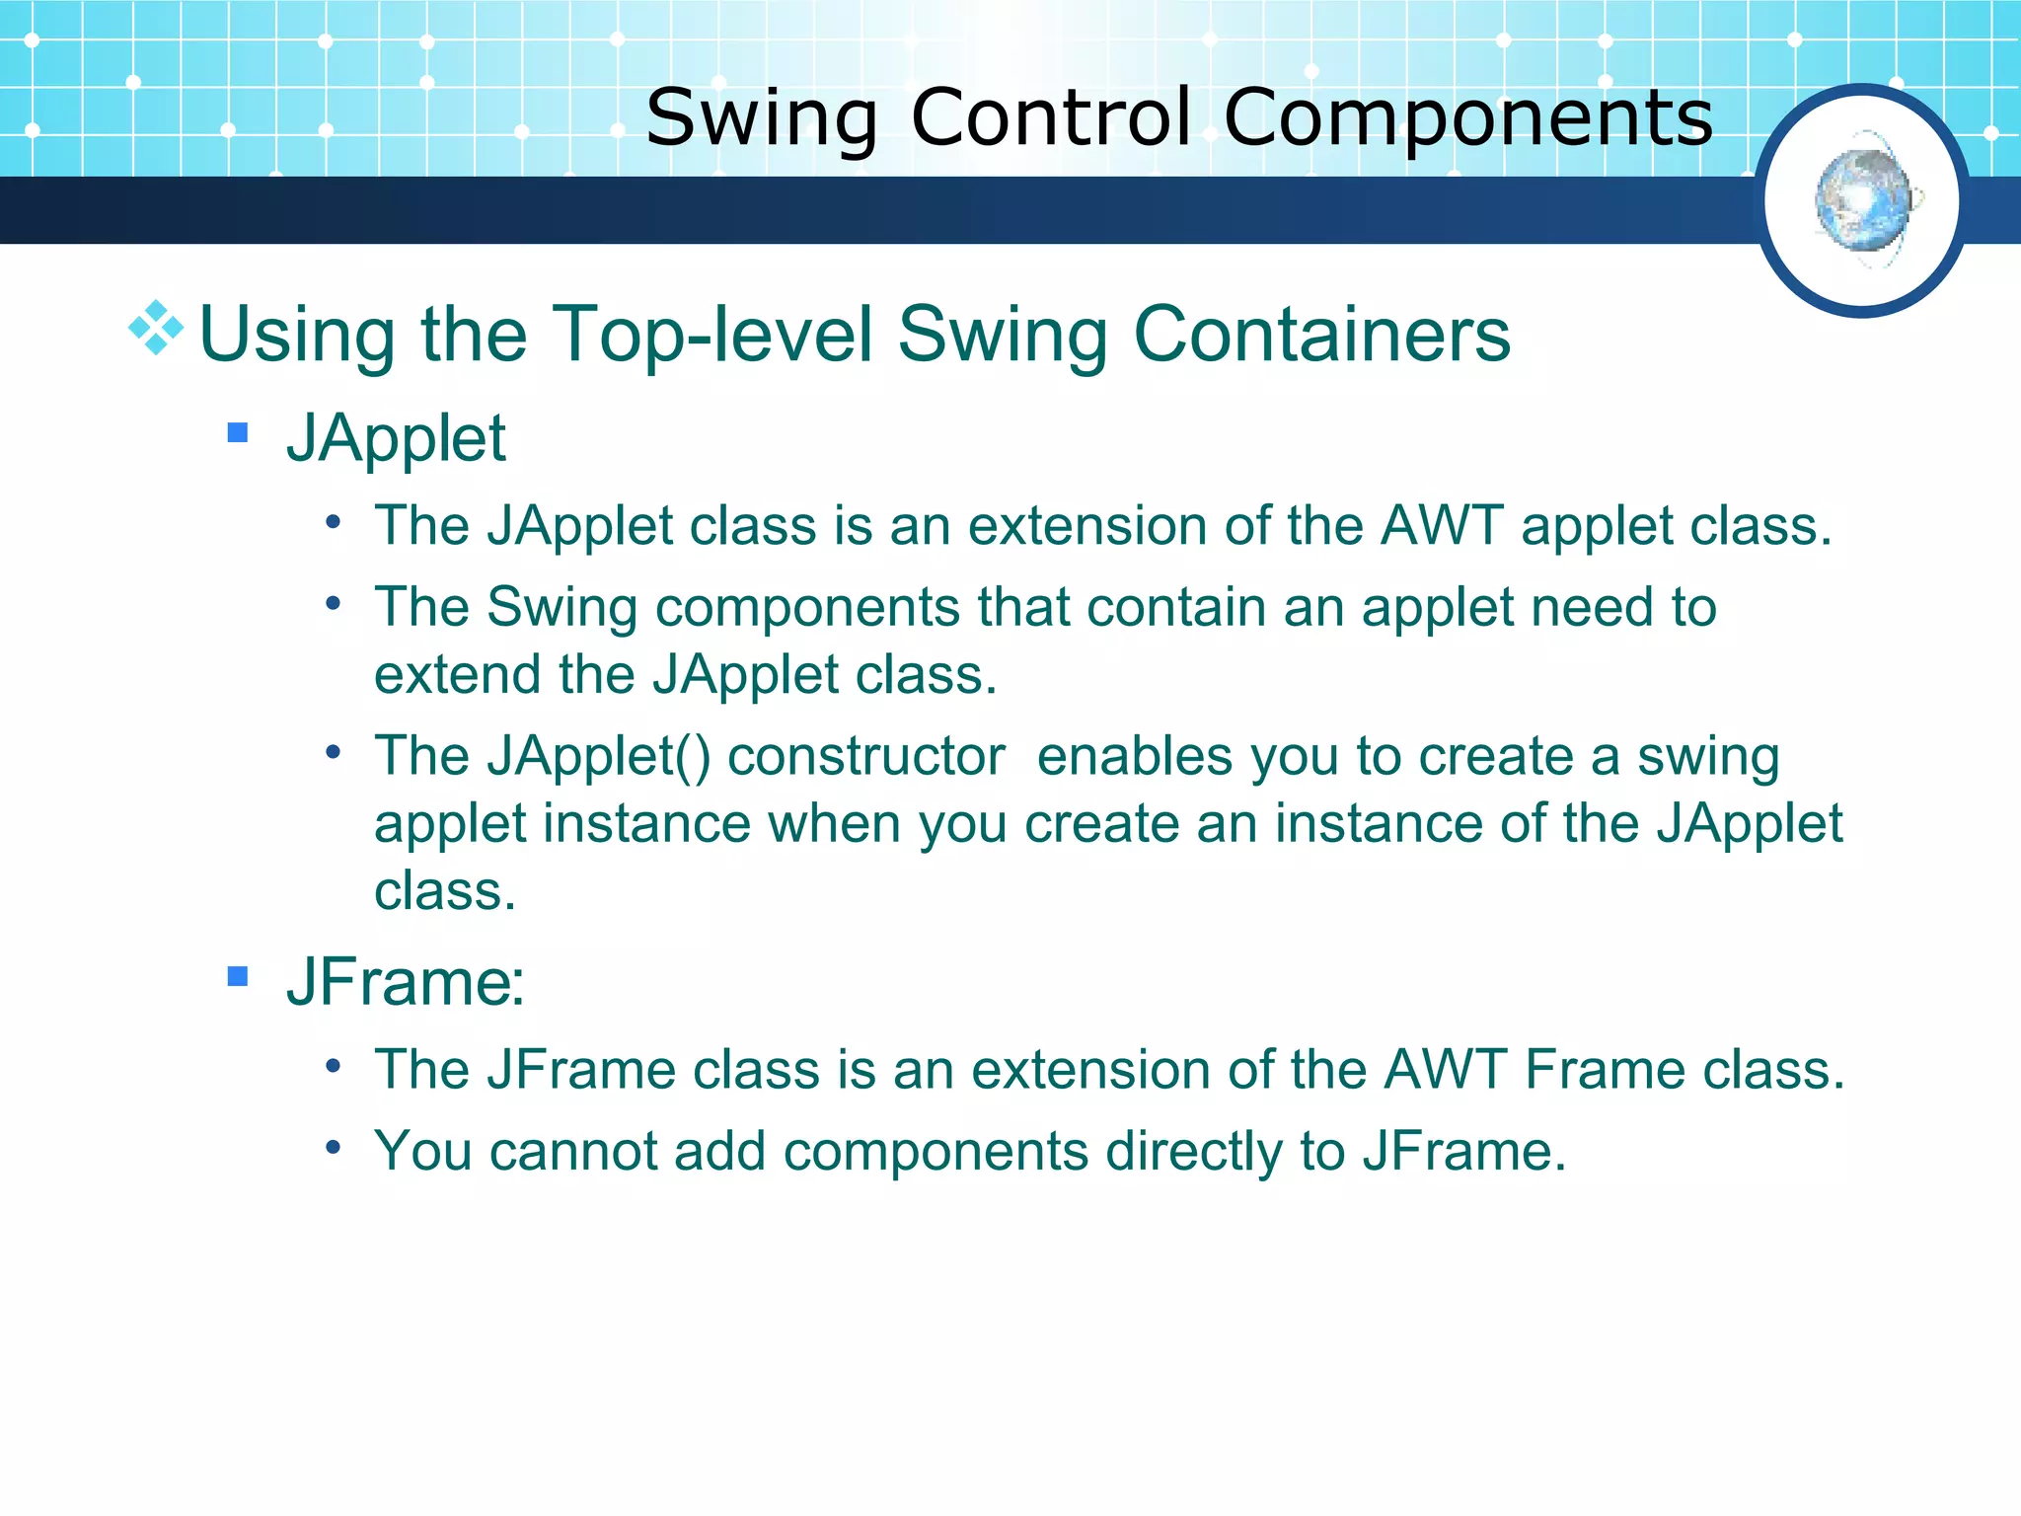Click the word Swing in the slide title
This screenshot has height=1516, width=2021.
[761, 118]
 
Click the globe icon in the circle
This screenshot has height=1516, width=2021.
[1862, 200]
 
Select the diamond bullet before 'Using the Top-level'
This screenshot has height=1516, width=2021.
[156, 328]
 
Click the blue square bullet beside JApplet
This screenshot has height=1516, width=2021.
[237, 432]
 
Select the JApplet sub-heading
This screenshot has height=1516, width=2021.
[396, 438]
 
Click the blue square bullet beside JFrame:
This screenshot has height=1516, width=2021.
[237, 976]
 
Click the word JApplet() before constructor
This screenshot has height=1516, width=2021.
[598, 757]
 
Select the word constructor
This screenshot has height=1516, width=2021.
[865, 757]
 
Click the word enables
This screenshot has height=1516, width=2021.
[1135, 757]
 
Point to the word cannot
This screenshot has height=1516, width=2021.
[572, 1151]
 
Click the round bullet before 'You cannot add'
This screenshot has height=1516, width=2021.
[334, 1147]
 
